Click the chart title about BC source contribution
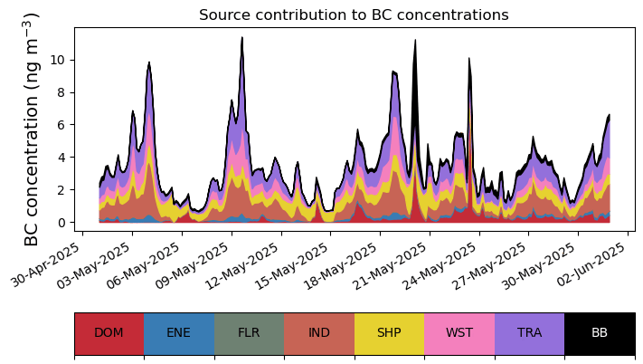354,14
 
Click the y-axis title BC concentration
32,129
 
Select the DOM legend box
109,332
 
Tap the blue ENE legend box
179,332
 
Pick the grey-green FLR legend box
249,332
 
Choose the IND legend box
319,332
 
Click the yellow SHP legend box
389,332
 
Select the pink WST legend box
459,332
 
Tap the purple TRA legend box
529,332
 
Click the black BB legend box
600,332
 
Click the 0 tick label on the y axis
61,223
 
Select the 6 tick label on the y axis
61,125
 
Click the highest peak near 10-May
242,39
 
